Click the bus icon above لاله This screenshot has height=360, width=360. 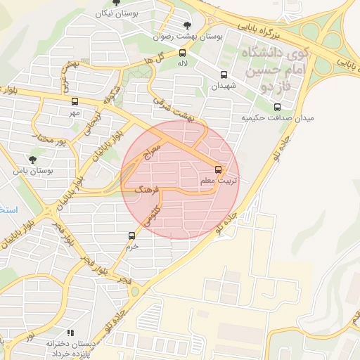pyautogui.click(x=183, y=52)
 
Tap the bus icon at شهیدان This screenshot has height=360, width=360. pyautogui.click(x=224, y=75)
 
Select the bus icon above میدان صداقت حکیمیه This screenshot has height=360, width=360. pyautogui.click(x=277, y=108)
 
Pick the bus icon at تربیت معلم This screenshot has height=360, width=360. pyautogui.click(x=218, y=169)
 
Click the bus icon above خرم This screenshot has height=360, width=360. pyautogui.click(x=132, y=236)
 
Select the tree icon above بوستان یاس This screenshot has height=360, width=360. pyautogui.click(x=32, y=160)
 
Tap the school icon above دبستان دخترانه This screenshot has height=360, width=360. pyautogui.click(x=70, y=333)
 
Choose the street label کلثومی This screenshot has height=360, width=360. pyautogui.click(x=153, y=214)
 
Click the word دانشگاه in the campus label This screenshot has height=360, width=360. pyautogui.click(x=261, y=54)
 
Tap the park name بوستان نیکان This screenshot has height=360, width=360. pyautogui.click(x=116, y=13)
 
